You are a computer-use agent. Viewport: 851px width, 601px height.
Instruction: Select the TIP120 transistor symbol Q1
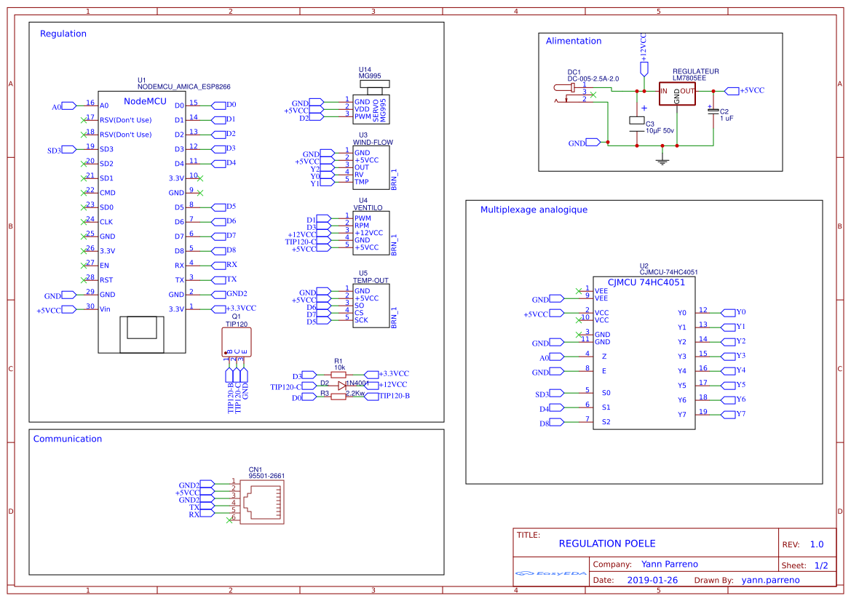(236, 341)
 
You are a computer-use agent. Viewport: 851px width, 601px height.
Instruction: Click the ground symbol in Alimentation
(662, 158)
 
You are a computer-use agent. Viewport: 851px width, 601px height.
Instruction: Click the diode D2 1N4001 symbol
(341, 385)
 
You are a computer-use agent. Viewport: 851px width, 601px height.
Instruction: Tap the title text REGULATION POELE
(607, 544)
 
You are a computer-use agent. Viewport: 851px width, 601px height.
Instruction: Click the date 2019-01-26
(652, 580)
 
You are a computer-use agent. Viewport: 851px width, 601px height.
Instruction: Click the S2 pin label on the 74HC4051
(606, 422)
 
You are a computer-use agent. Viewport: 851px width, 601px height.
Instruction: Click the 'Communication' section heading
(68, 439)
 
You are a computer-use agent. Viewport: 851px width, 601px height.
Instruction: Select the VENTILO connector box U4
(371, 233)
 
